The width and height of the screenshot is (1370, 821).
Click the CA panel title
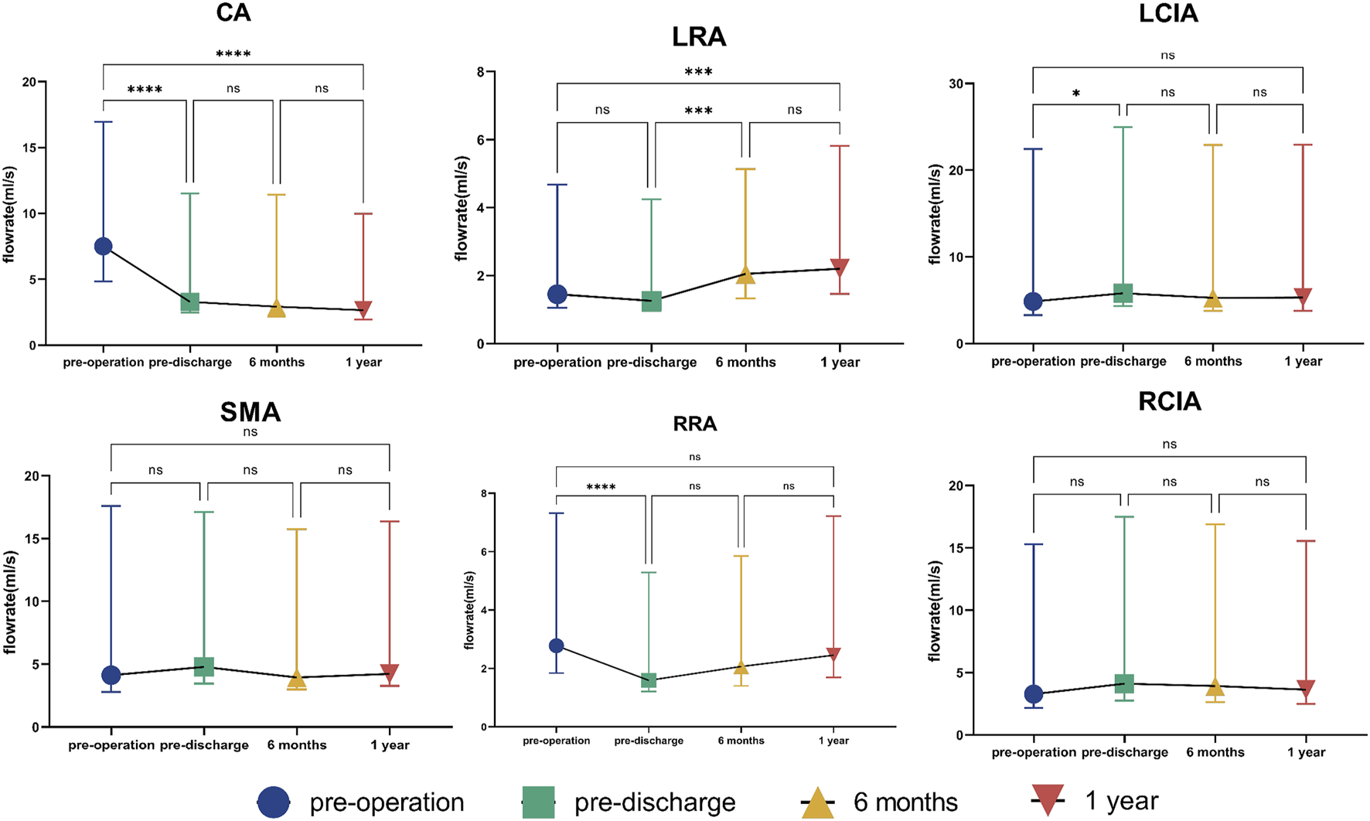click(x=234, y=13)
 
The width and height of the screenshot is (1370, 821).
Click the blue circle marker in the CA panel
click(x=103, y=247)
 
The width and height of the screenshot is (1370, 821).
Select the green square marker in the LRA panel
click(x=652, y=301)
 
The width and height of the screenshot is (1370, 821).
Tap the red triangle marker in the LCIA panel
click(x=1304, y=297)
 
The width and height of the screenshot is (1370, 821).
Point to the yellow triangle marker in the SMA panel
click(x=296, y=680)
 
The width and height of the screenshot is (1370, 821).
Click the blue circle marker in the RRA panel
click(x=556, y=646)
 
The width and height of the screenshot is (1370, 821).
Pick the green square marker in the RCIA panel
click(x=1124, y=683)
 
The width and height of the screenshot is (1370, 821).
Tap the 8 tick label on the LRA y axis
click(x=480, y=72)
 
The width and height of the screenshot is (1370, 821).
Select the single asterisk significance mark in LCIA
click(x=1076, y=94)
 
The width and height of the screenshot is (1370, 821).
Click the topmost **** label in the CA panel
click(x=233, y=54)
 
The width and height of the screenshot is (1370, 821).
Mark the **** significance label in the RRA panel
click(x=601, y=487)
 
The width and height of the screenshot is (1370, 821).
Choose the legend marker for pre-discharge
click(x=539, y=802)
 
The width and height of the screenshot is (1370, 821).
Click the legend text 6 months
click(x=905, y=802)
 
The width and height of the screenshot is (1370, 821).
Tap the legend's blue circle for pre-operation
click(x=274, y=802)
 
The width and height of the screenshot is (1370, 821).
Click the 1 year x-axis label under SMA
click(x=390, y=745)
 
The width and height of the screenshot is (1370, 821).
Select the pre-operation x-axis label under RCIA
click(x=1034, y=752)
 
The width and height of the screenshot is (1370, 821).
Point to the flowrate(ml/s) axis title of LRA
click(x=462, y=208)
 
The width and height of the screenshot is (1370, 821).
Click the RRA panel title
click(x=694, y=424)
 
